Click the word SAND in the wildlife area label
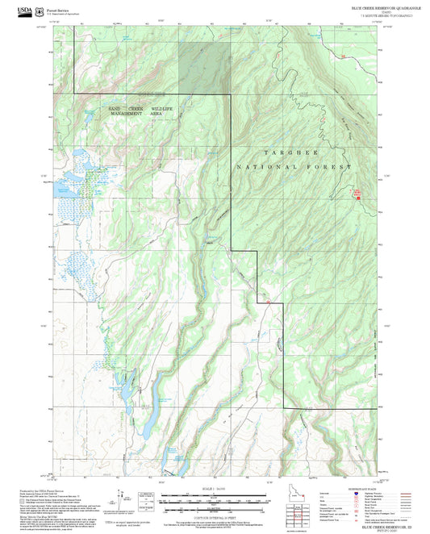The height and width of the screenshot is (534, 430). point(116,107)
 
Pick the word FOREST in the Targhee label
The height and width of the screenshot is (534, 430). point(332,166)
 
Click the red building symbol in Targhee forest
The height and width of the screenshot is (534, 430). point(357,193)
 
